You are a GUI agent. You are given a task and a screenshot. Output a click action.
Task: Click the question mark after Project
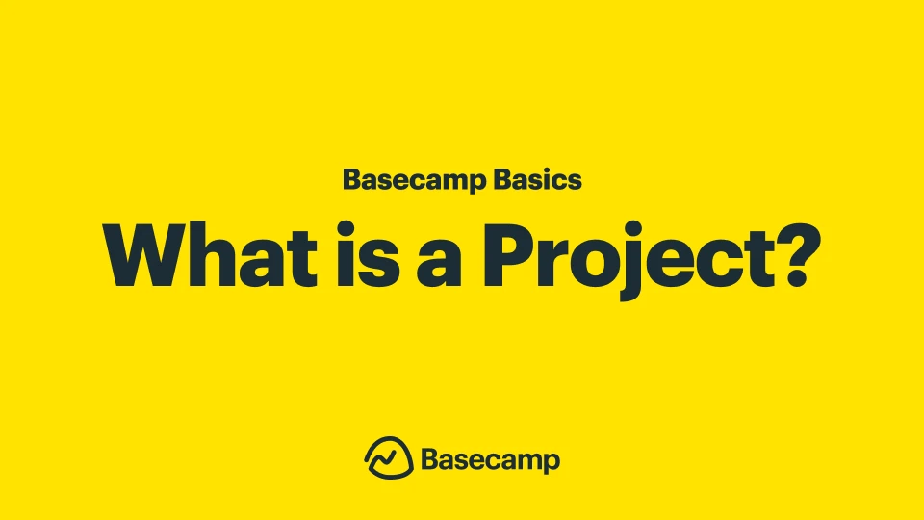[x=795, y=255]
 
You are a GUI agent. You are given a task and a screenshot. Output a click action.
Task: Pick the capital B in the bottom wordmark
[x=430, y=459]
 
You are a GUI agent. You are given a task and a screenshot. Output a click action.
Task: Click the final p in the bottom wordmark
[x=551, y=463]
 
